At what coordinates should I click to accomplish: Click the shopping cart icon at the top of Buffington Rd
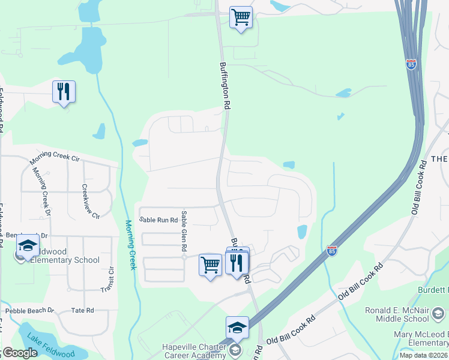pos(241,18)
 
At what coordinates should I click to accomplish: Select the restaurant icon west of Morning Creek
pos(64,92)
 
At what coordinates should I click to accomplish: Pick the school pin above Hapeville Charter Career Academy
pos(237,328)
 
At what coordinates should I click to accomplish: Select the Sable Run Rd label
pos(158,220)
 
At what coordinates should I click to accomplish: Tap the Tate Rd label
pos(82,310)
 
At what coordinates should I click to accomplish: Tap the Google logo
pos(19,353)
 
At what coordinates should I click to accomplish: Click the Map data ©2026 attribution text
pos(424,355)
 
